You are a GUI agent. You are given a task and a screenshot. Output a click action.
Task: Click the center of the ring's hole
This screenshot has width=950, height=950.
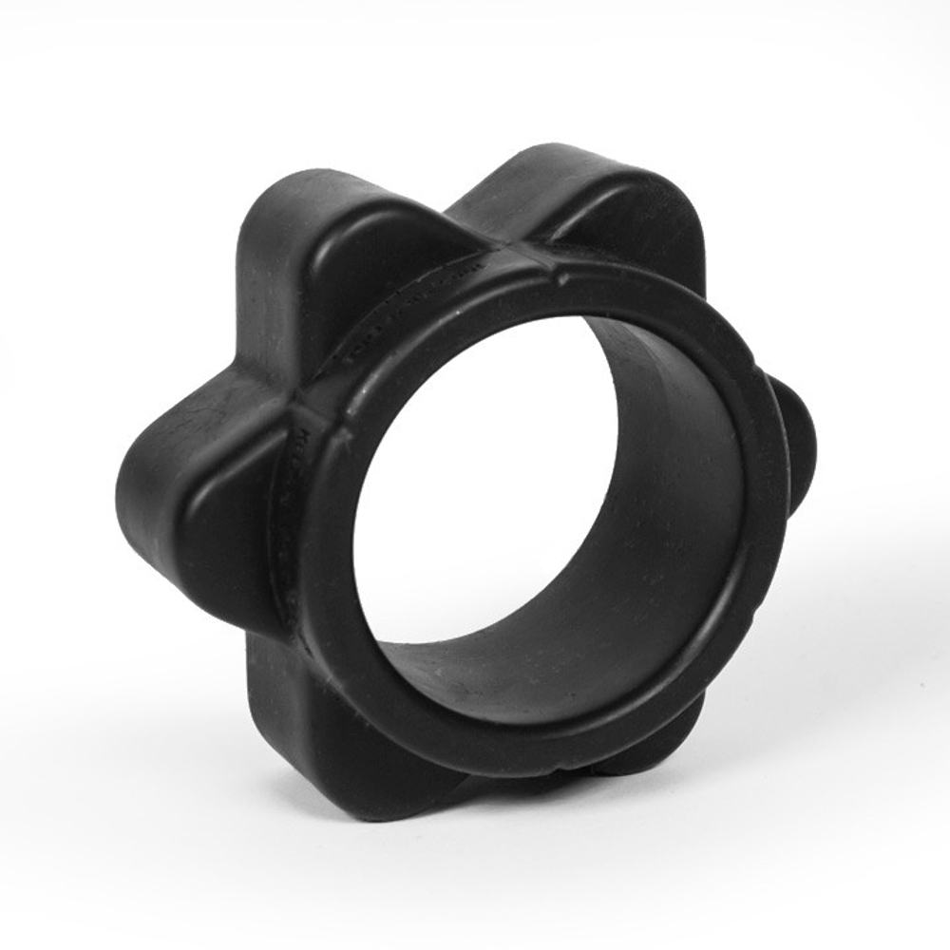(x=532, y=494)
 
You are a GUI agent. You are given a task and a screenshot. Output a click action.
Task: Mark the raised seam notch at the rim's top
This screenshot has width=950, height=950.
(x=560, y=275)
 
